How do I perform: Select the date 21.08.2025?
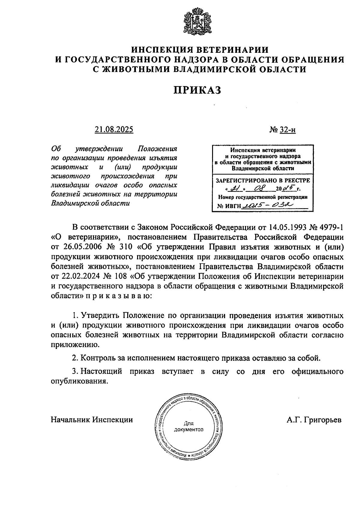tap(114, 130)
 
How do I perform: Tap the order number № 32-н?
tap(282, 130)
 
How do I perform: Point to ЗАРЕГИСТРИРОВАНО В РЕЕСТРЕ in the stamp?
tap(263, 180)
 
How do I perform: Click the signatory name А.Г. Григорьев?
tap(314, 420)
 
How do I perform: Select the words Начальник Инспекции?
tap(92, 420)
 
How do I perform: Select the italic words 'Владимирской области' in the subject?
tap(90, 203)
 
